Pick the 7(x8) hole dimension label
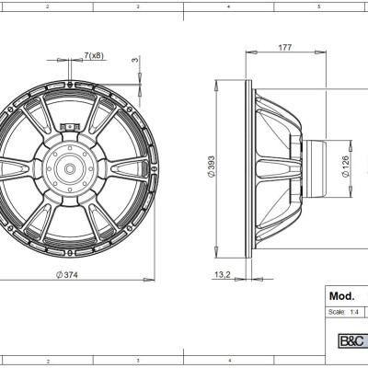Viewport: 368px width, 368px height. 93,56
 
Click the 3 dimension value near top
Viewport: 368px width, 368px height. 136,61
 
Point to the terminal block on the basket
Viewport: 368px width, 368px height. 67,125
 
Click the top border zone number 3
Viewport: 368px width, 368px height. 138,5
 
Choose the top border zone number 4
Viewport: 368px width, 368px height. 227,5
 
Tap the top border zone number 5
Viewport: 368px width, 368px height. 318,5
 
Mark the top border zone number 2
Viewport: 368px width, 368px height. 47,5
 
